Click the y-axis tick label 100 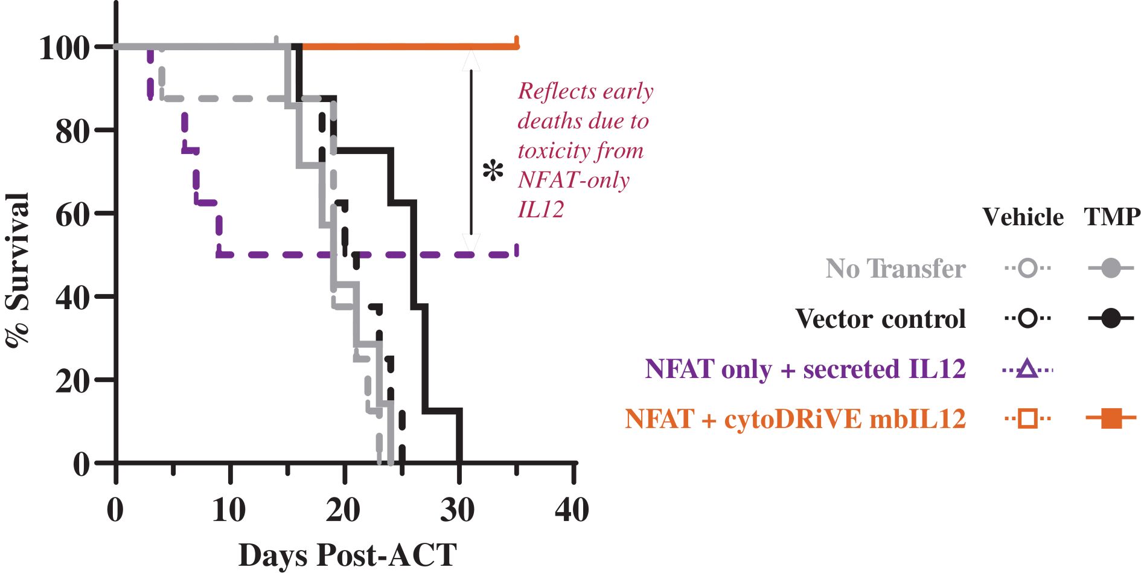pos(64,47)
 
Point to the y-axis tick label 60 pos(72,214)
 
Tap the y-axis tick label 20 pos(72,380)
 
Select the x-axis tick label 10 pos(229,510)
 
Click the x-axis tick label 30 pos(458,510)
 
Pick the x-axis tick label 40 pos(572,510)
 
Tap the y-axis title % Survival pos(18,270)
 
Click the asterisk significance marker pos(493,171)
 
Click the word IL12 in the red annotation pos(541,209)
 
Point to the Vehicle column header pos(1023,217)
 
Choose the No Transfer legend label pos(896,268)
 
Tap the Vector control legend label pos(881,318)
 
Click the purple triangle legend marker pos(1028,368)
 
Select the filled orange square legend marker pos(1111,418)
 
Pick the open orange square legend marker pos(1028,418)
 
